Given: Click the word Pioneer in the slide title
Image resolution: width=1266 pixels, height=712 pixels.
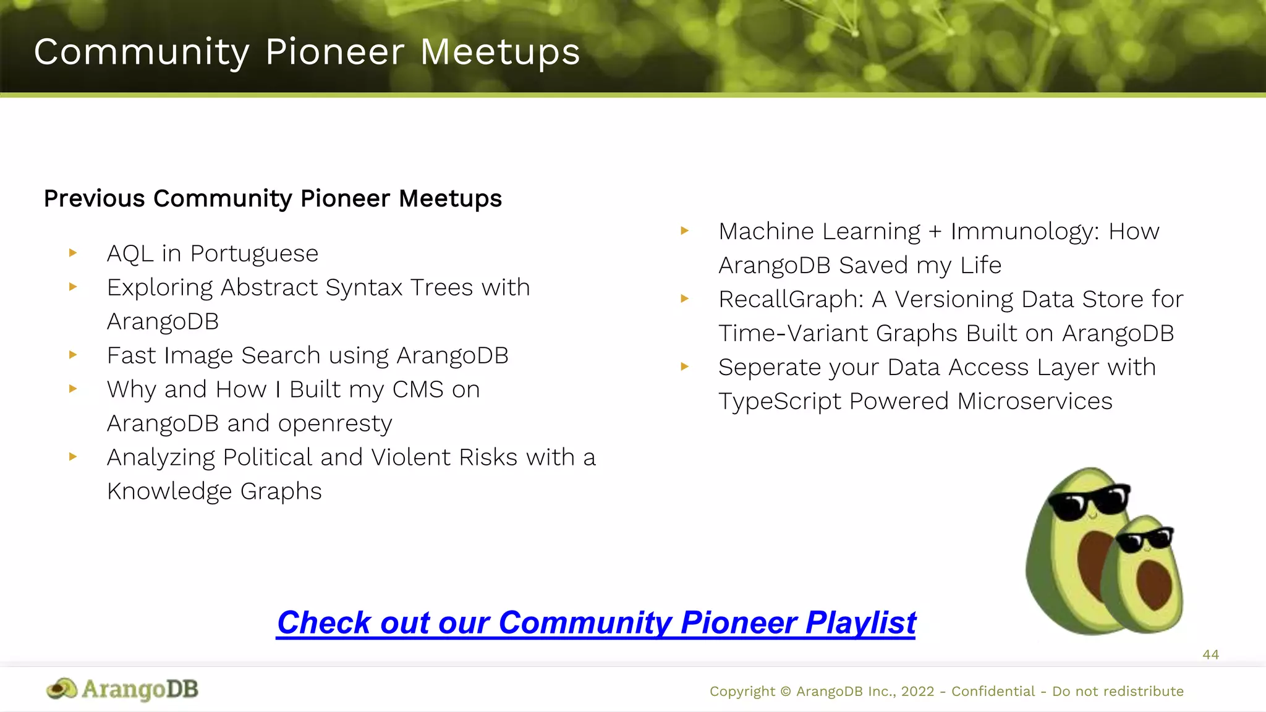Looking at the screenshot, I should click(334, 53).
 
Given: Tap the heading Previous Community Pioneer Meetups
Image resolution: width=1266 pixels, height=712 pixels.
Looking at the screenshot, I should click(273, 199).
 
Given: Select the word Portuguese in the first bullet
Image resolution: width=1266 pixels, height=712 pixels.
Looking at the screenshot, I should click(254, 254).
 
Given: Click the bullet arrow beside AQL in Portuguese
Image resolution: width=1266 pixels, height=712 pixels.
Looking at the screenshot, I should click(73, 253).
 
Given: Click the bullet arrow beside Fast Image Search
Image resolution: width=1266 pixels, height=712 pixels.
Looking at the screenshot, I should click(73, 355).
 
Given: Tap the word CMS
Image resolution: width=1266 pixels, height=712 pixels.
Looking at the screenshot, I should click(418, 390).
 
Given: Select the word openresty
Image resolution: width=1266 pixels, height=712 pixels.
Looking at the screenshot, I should click(334, 424).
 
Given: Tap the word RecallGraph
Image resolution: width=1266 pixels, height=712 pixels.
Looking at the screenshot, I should click(791, 300).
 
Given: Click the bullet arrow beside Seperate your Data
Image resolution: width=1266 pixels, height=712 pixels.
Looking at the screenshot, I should click(684, 367).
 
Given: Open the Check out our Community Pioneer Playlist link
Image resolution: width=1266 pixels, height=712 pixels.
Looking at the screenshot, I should click(596, 623).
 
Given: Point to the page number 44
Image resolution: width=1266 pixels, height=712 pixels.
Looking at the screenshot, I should click(1210, 655).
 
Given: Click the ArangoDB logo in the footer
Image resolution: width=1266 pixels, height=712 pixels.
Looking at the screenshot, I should click(122, 689).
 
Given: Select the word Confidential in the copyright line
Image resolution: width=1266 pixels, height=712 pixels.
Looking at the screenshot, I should click(993, 692).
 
